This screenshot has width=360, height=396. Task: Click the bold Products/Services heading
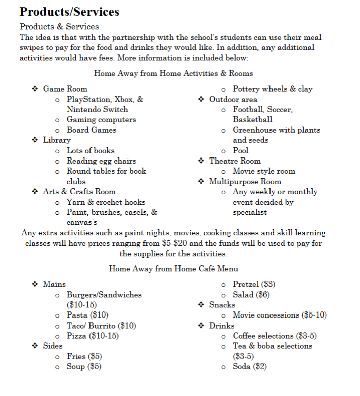coord(69,11)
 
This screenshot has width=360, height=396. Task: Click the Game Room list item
coord(65,89)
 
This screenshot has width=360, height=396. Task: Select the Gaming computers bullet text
coord(101,120)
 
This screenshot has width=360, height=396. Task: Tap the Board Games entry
coord(91,130)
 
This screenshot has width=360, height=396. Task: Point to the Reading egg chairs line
coord(101,161)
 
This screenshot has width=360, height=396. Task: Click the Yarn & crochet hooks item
coord(106,202)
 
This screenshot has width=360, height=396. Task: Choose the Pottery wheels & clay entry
coord(273,89)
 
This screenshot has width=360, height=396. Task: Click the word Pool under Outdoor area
coord(240,150)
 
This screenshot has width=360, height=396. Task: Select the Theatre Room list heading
coord(235,161)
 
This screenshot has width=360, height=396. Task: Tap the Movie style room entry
coord(264,171)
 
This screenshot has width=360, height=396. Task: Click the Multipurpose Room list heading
coord(245,182)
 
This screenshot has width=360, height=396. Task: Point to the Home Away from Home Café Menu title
coord(173,269)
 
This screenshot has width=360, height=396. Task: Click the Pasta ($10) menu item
coord(87,315)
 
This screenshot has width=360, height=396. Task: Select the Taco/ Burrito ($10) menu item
coord(101,326)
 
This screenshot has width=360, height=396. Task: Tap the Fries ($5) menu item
coord(84,356)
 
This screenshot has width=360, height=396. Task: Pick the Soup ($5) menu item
coord(84,367)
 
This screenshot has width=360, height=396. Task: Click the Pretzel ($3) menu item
coord(254,284)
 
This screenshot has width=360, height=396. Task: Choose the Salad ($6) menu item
coord(251,295)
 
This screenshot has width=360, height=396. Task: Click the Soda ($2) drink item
coord(249,367)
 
